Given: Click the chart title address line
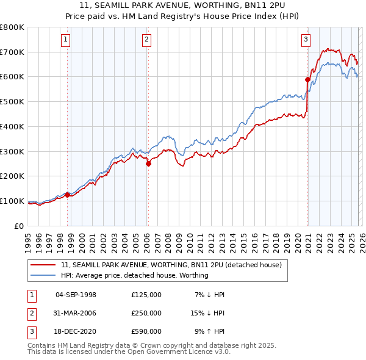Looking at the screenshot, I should point(183,5).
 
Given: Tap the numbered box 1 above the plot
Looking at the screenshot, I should point(65,40).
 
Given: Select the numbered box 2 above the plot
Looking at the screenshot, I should point(147,40).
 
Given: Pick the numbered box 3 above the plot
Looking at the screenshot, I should point(306,40).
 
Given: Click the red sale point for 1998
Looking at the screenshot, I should point(67,195).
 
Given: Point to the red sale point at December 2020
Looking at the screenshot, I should point(307,79).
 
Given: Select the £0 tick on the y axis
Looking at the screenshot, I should point(20,226).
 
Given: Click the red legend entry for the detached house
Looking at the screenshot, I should point(171,265).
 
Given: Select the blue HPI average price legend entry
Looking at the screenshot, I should point(135,275).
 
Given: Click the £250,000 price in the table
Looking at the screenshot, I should point(146,313).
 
